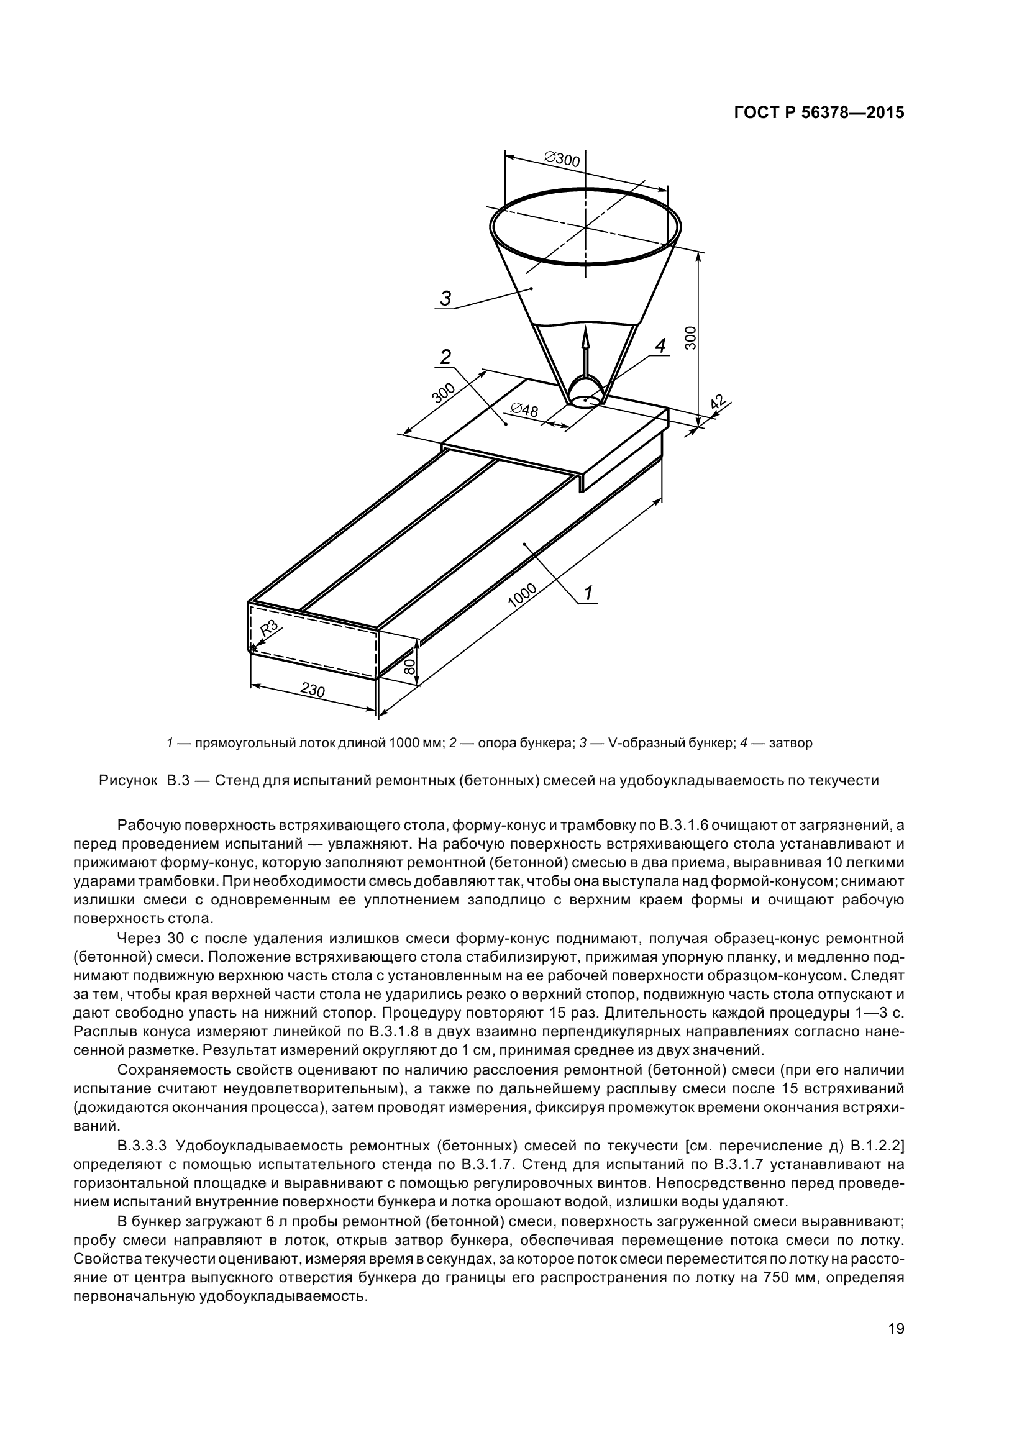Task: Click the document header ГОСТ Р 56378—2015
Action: [819, 112]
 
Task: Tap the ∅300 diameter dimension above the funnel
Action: [561, 159]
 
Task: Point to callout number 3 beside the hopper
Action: [445, 298]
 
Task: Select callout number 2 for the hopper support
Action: [445, 357]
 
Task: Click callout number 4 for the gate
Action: [660, 345]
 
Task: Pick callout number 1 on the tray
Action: [588, 593]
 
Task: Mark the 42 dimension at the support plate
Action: [718, 403]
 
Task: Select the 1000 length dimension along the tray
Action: [522, 595]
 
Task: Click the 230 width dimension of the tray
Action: [312, 689]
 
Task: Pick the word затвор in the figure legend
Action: [790, 743]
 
